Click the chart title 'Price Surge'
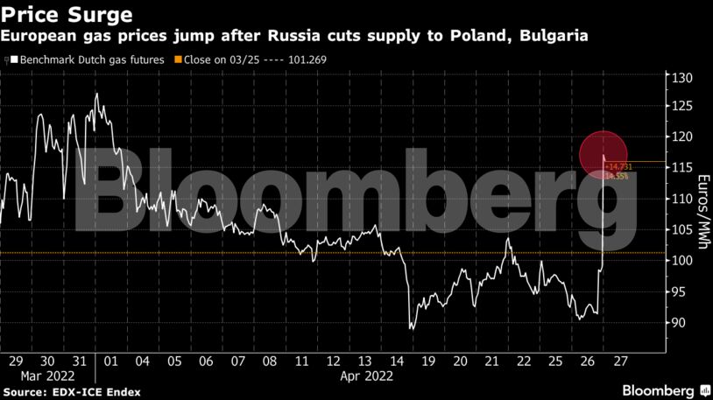tap(67, 15)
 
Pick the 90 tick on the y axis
tap(680, 323)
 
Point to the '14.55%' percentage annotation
tap(617, 176)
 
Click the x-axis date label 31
tap(80, 361)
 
